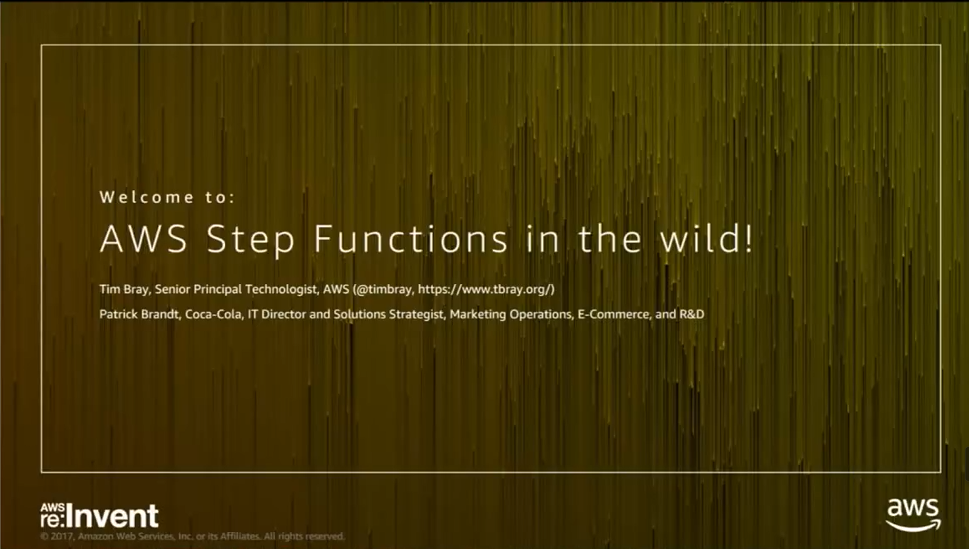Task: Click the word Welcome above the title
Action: [x=147, y=197]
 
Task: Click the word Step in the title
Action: [x=250, y=239]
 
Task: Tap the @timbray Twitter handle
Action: [x=383, y=289]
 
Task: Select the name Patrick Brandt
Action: [x=139, y=314]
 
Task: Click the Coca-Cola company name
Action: [x=214, y=314]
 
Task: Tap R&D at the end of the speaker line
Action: [x=692, y=314]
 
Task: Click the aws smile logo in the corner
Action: [x=913, y=515]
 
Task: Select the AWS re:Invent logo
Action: [x=100, y=515]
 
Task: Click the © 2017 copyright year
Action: [x=57, y=536]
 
